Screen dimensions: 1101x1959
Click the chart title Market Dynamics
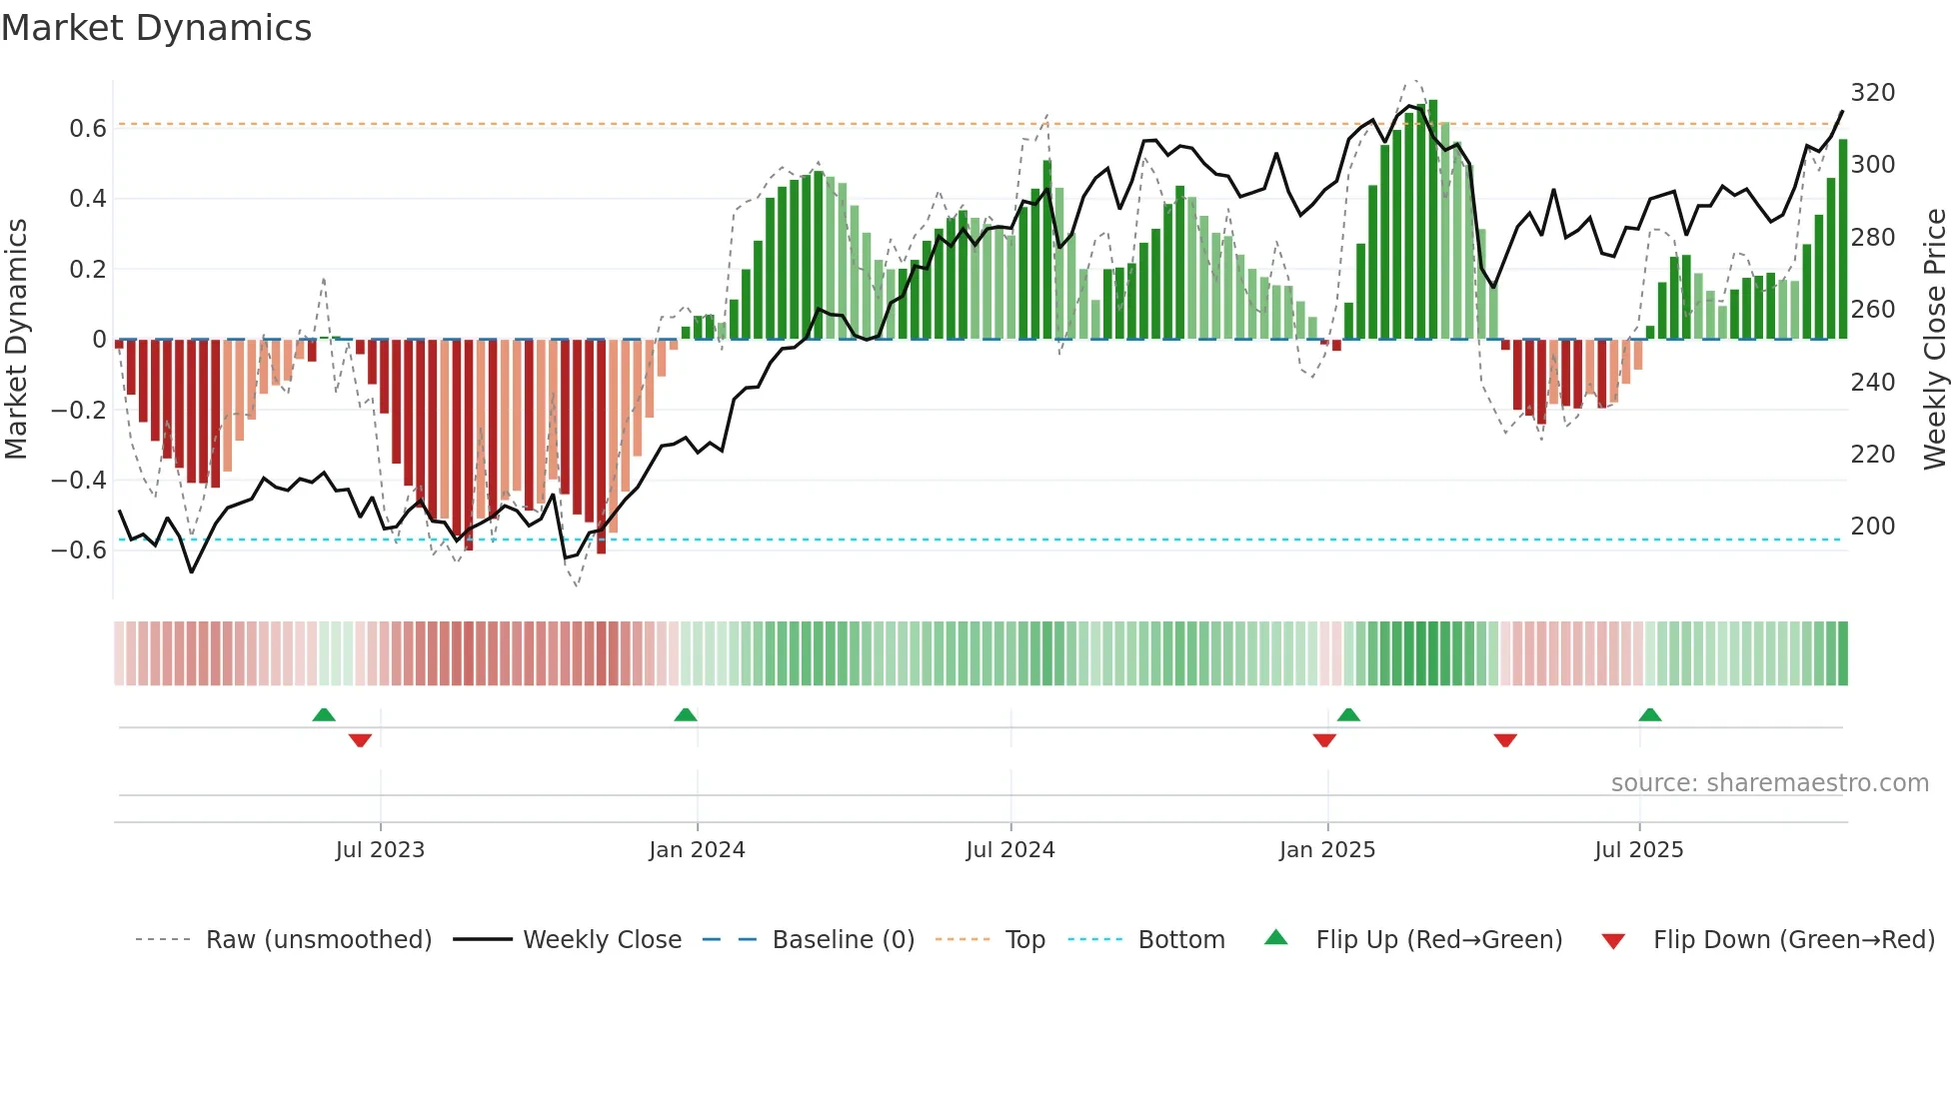[156, 28]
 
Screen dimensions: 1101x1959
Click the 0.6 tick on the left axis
[88, 128]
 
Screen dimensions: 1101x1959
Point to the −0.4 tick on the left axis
[79, 481]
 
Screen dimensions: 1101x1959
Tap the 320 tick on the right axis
[1872, 93]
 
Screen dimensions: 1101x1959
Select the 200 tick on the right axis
[1872, 527]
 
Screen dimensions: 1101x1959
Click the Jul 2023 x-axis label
[380, 850]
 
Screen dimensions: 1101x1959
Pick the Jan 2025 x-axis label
[1327, 850]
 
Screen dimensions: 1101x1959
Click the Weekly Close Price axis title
[1935, 340]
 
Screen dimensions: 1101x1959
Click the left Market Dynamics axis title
[16, 340]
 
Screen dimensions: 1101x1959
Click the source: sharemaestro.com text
[1769, 783]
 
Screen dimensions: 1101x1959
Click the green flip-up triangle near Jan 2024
[686, 714]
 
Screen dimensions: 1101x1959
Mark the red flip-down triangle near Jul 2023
[360, 740]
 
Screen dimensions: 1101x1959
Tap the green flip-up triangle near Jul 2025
[1650, 714]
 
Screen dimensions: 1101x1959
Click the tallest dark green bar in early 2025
[1433, 220]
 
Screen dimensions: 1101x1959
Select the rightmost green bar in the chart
[1843, 240]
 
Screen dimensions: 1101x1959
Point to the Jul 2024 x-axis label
[1010, 850]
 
